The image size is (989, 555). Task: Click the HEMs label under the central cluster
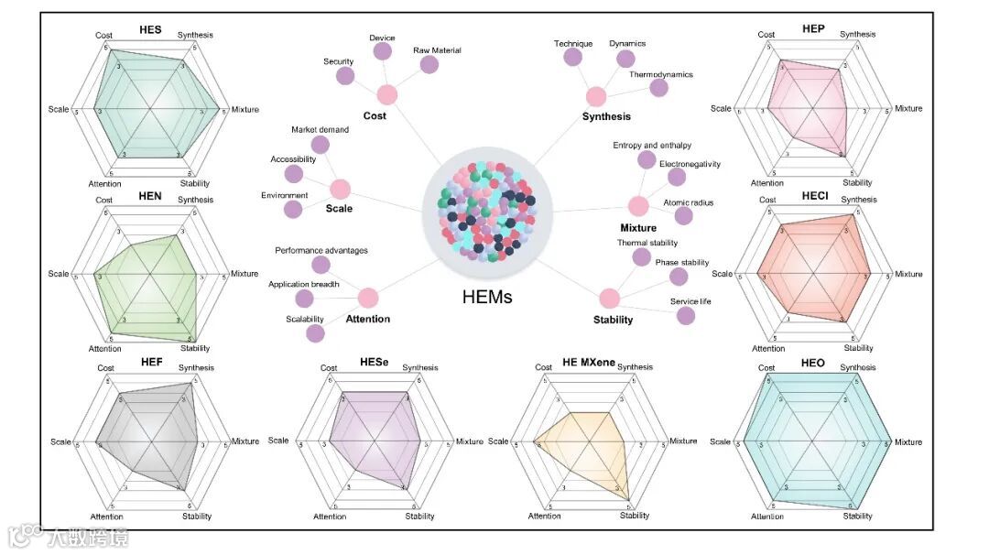486,297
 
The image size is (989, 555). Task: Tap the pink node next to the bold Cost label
387,94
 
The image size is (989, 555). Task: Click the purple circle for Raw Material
428,65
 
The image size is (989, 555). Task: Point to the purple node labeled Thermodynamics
658,88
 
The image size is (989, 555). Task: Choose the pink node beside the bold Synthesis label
596,96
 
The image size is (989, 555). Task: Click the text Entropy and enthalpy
652,146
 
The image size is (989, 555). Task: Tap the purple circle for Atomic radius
683,216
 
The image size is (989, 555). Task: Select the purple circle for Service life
684,315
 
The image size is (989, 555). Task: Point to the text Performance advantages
321,250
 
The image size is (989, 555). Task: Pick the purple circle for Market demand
320,144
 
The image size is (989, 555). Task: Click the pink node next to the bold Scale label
340,190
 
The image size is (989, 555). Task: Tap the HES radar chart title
150,30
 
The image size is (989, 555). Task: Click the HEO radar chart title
812,364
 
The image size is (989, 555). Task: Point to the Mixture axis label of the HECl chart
908,274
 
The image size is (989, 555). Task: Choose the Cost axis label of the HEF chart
105,368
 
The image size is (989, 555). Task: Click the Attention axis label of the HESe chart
330,517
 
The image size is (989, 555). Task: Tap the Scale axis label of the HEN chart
59,274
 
